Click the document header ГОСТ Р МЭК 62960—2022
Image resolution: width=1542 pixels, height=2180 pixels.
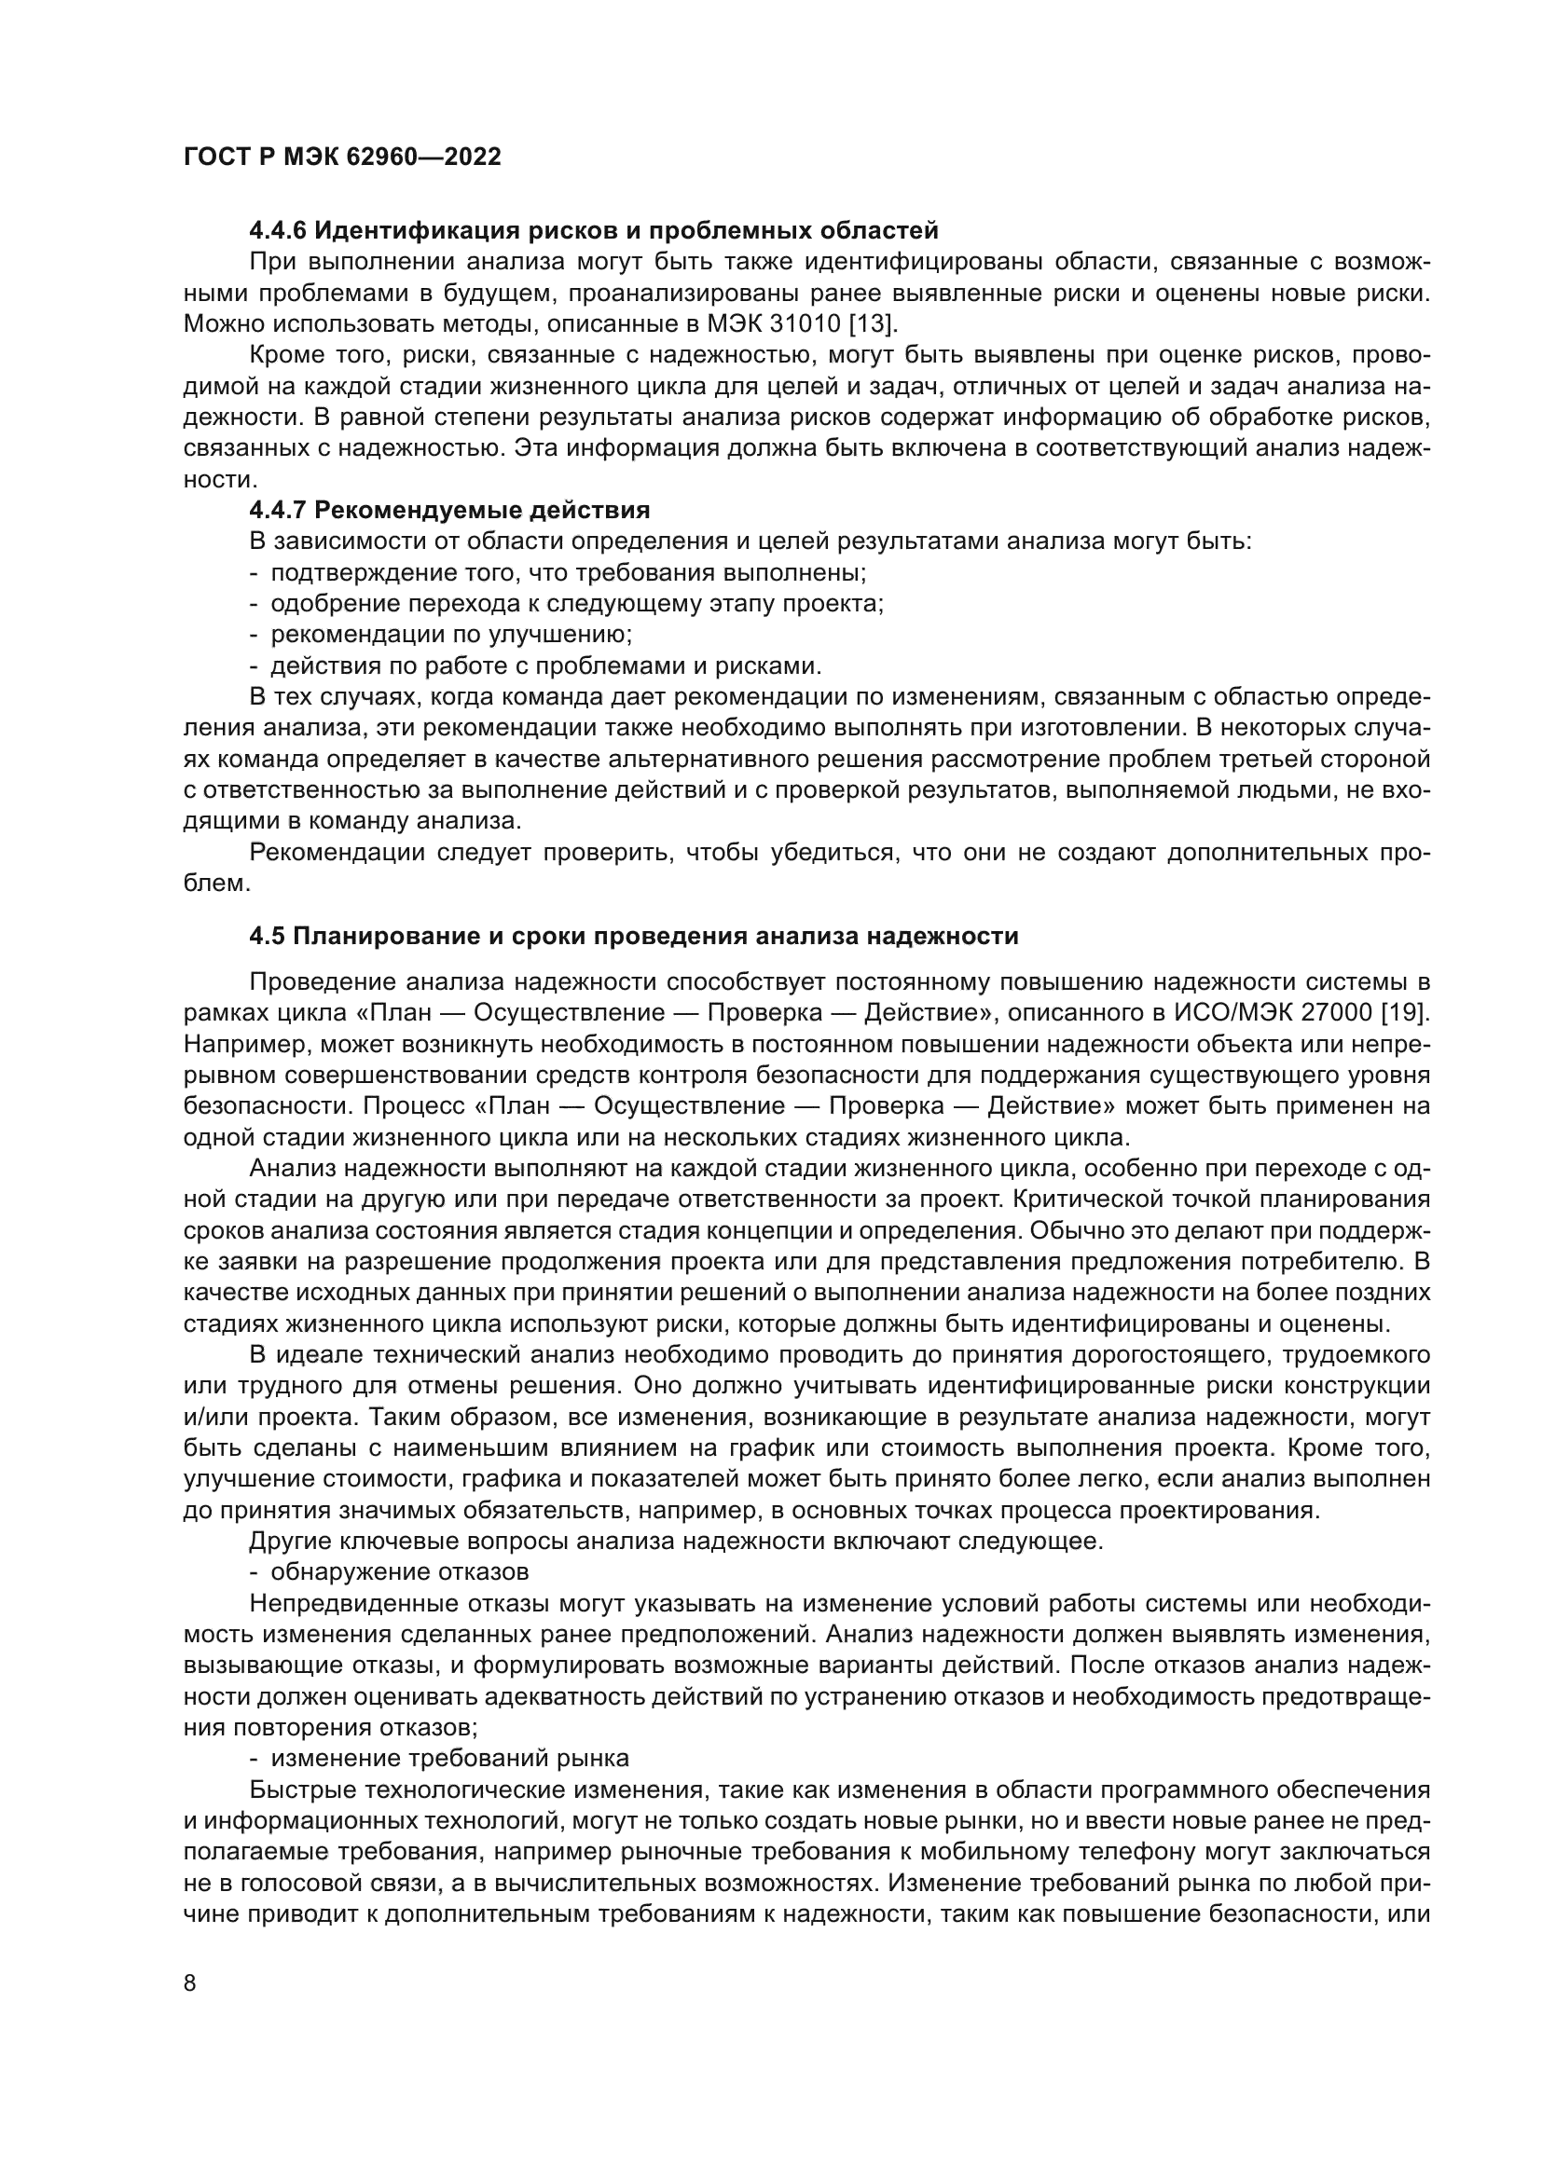(x=342, y=158)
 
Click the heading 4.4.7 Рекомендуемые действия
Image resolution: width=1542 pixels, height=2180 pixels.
(x=449, y=511)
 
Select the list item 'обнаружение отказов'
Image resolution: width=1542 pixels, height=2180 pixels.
(x=400, y=1571)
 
